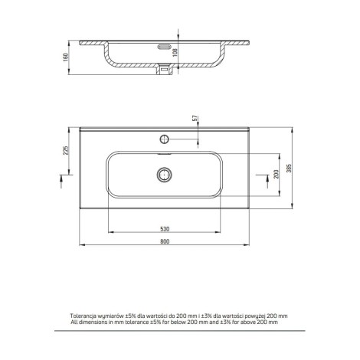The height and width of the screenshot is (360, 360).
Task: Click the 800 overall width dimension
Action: click(165, 241)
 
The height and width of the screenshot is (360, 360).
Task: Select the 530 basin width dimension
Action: click(165, 229)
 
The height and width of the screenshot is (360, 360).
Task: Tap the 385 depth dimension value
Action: click(289, 168)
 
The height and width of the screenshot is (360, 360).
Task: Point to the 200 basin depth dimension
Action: click(277, 174)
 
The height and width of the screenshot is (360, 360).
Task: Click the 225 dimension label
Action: click(66, 150)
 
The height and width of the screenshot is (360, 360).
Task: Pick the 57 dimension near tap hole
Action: click(195, 118)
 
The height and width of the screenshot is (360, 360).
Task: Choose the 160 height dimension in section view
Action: click(65, 57)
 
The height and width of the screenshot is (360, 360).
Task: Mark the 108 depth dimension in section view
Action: click(175, 53)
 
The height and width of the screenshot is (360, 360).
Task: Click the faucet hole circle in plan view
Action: click(165, 139)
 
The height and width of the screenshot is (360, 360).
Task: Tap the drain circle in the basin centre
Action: click(164, 175)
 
